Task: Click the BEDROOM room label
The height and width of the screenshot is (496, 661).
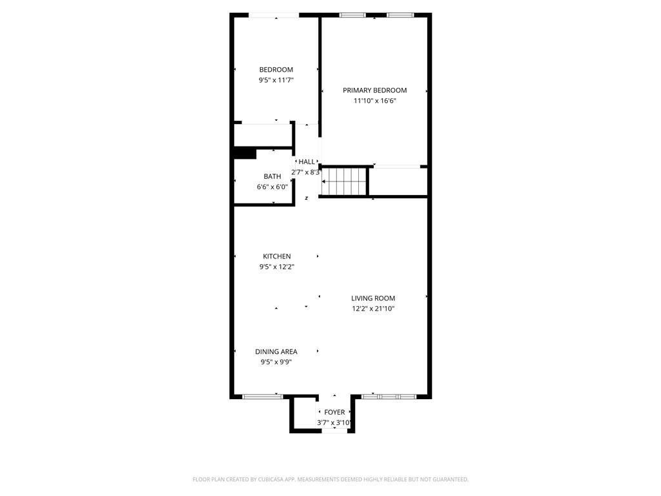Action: (x=276, y=70)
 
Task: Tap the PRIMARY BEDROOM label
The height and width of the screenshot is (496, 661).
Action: (x=374, y=90)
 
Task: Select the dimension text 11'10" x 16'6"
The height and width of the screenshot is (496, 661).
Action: (x=374, y=101)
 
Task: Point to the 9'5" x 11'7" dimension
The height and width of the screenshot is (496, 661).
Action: (x=276, y=80)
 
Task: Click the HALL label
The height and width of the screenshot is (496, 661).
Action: (x=307, y=161)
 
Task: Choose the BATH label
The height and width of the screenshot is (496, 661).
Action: (x=272, y=176)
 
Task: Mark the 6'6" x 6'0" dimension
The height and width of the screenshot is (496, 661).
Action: (x=272, y=187)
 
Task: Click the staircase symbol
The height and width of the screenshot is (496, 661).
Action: (x=345, y=181)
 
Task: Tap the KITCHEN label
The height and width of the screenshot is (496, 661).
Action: (x=276, y=256)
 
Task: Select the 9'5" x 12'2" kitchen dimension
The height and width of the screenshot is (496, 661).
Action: (x=276, y=267)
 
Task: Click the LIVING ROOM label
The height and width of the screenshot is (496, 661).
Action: (x=373, y=298)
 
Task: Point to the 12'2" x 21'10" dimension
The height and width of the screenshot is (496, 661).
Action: (x=373, y=309)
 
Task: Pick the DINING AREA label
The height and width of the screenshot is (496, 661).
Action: (x=276, y=352)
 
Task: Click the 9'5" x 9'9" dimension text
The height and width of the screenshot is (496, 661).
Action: (x=276, y=362)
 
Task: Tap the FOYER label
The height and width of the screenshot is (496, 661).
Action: (x=334, y=412)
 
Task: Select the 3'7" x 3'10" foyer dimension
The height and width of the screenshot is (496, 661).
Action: (x=334, y=423)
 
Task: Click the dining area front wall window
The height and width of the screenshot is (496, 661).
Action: (x=263, y=396)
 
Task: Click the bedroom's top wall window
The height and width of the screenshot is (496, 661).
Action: (x=274, y=15)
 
